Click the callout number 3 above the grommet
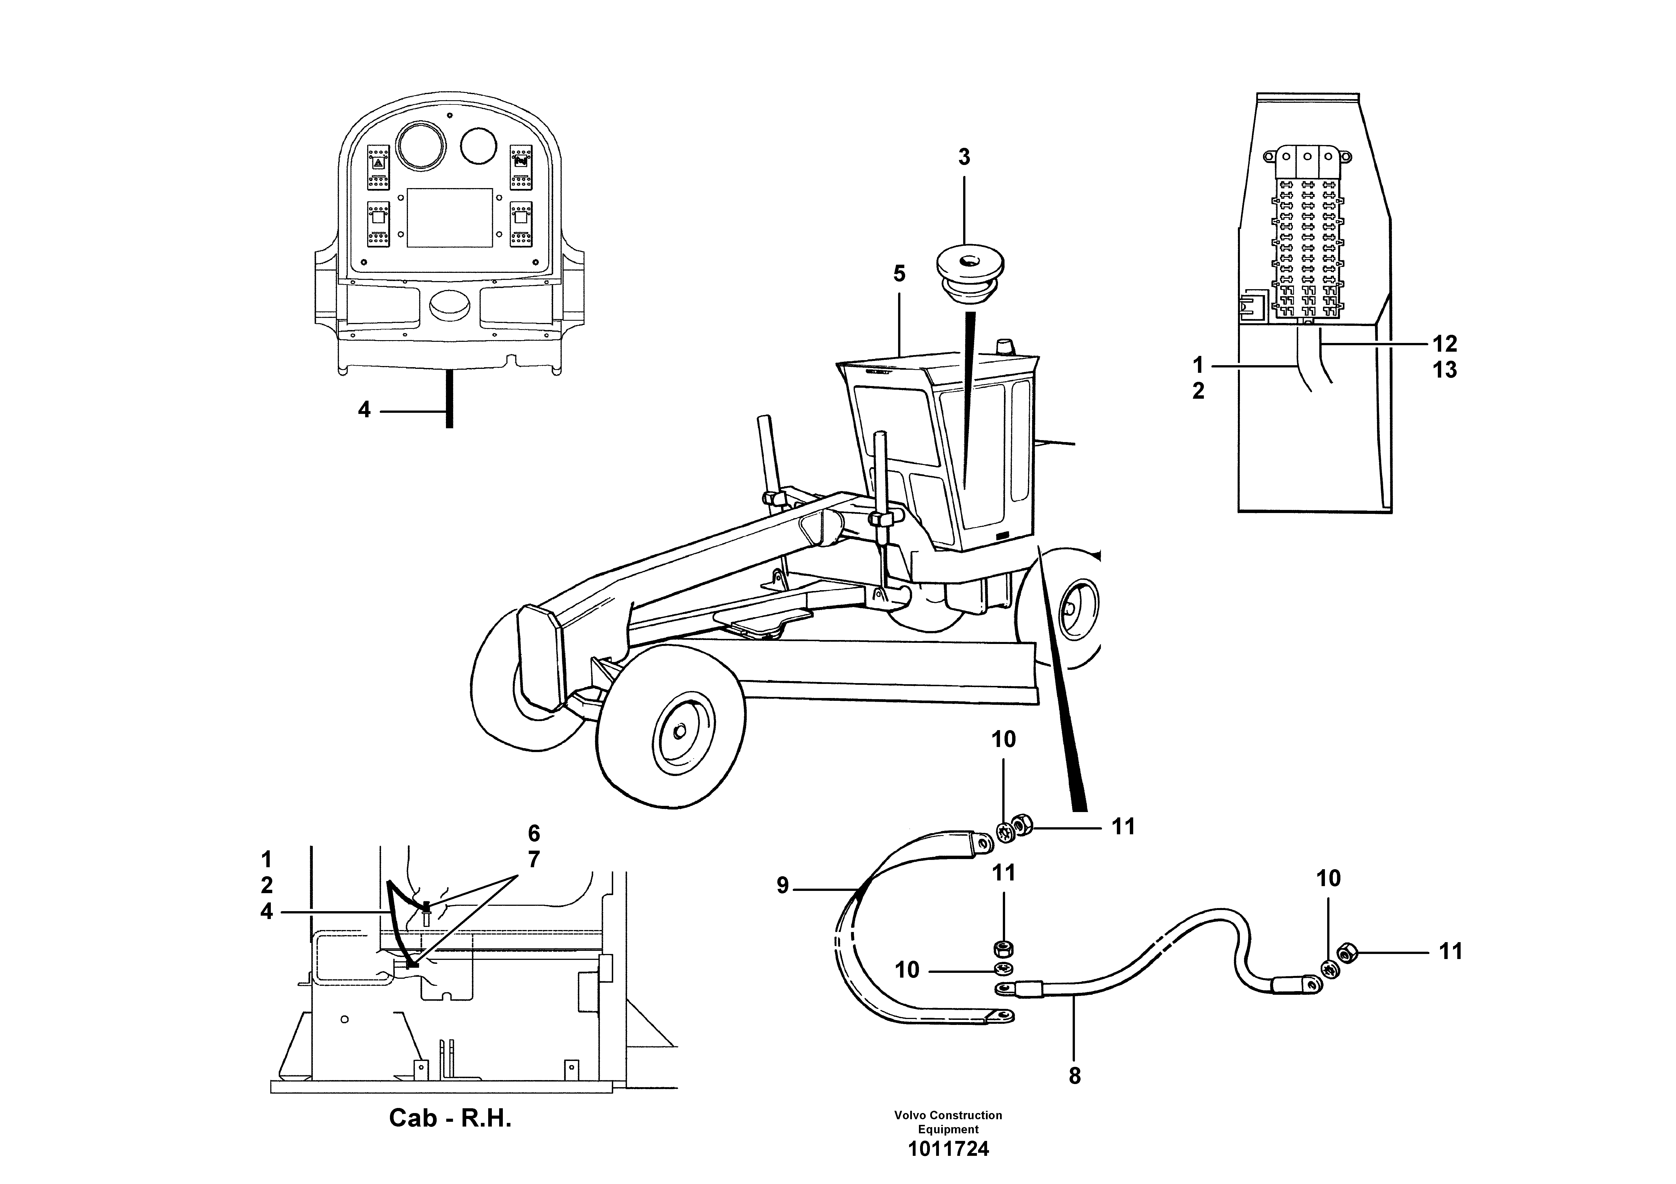[964, 157]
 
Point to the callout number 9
[782, 886]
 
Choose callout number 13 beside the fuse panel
[1445, 370]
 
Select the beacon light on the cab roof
[1006, 345]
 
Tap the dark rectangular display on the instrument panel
[449, 217]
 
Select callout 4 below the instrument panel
[364, 410]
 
